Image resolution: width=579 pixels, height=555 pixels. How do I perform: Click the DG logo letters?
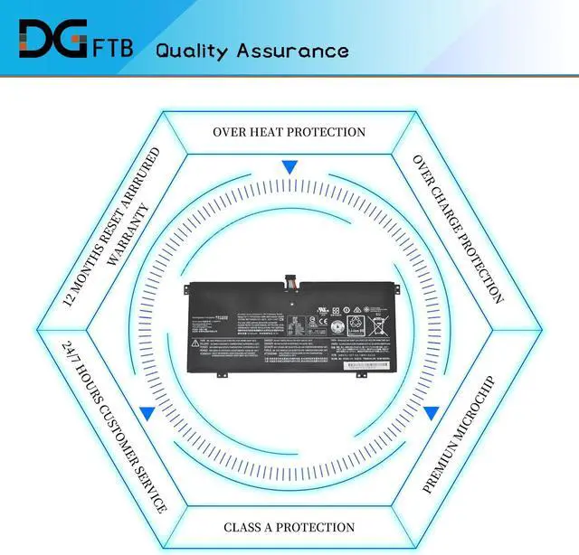coord(50,42)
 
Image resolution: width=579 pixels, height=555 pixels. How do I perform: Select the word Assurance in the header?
coord(292,50)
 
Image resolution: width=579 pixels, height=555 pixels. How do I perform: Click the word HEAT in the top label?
coord(270,132)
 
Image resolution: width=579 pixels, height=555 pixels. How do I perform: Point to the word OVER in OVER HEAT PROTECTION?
coord(230,132)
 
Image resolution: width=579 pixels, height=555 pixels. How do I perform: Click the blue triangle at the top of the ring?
coord(289,167)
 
